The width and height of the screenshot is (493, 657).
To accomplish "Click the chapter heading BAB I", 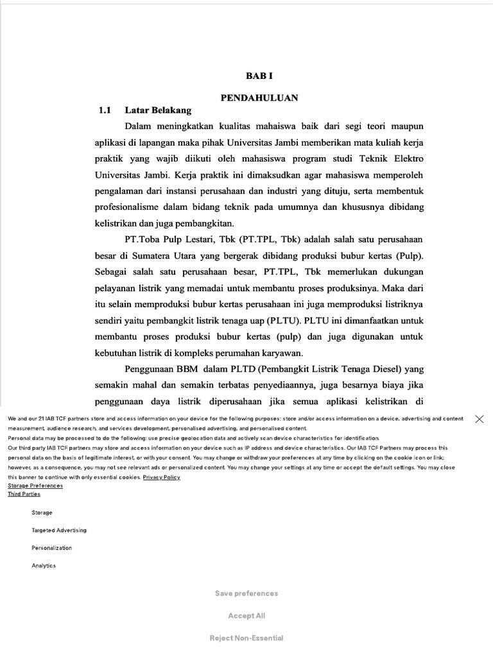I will (x=259, y=76).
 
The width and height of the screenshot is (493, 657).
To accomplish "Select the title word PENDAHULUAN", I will (x=259, y=98).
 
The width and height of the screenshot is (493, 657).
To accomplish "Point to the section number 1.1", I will (x=105, y=110).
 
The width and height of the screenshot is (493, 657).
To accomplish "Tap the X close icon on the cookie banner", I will (x=479, y=419).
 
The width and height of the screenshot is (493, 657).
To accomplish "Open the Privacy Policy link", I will (x=161, y=477).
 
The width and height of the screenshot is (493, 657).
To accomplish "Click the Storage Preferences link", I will (x=35, y=486).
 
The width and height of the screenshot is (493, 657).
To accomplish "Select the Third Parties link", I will (x=24, y=494).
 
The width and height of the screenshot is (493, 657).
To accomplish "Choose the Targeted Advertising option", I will (x=59, y=531).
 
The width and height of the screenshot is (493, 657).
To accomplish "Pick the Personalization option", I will (x=52, y=548).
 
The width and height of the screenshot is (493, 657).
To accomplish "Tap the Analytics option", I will (x=44, y=566).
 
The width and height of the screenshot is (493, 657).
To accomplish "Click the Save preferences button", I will (x=246, y=593).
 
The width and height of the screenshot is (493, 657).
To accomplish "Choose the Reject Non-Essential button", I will (x=246, y=638).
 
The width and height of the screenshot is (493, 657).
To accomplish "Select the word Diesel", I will (x=388, y=370).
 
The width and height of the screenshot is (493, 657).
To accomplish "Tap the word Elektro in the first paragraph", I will (x=408, y=158).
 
